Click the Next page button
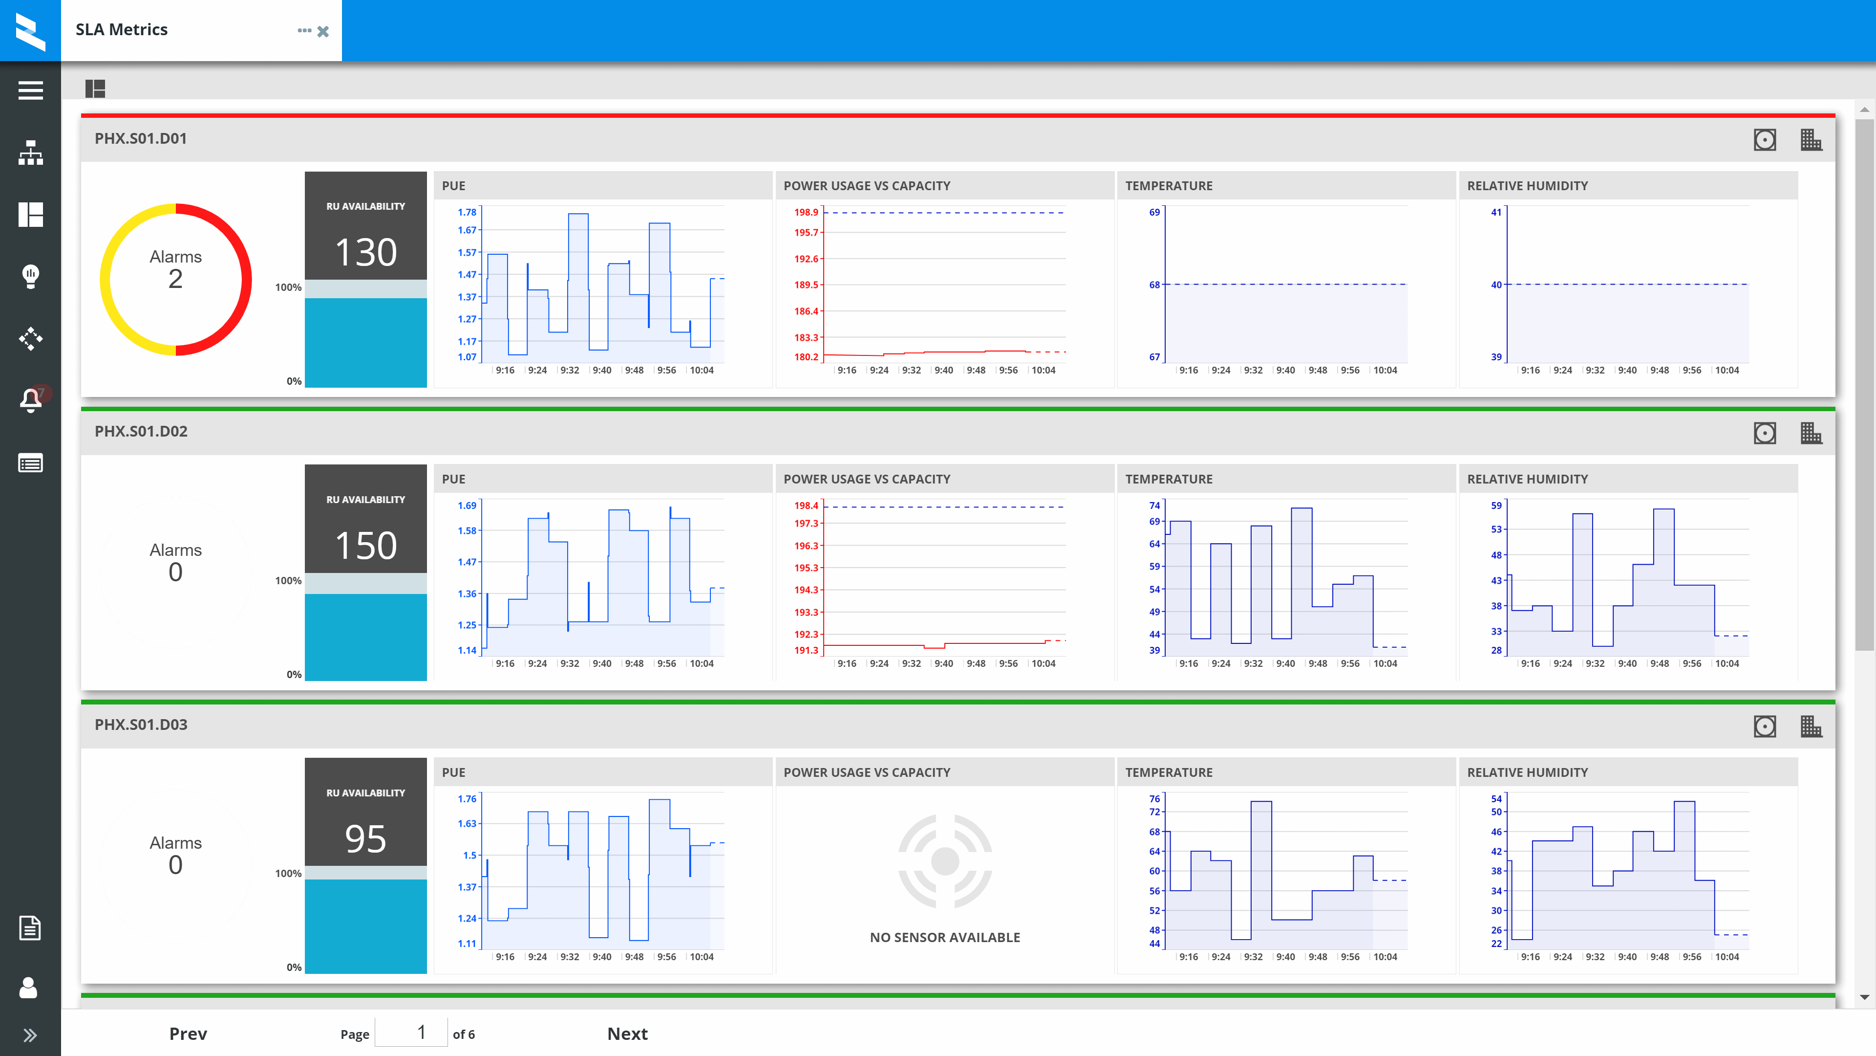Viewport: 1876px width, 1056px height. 627,1034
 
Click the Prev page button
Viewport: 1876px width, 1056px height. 188,1034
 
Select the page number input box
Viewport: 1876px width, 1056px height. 411,1032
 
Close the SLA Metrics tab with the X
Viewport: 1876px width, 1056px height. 323,31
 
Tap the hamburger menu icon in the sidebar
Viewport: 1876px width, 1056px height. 31,90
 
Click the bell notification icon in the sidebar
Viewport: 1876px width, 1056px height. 31,399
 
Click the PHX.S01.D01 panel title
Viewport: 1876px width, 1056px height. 141,138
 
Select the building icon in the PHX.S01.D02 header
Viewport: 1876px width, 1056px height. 1811,433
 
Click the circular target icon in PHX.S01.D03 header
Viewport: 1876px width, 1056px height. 1765,726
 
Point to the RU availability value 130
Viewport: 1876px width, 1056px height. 365,252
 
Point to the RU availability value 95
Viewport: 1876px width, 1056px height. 365,839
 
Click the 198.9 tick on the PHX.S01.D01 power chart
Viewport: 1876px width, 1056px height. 806,212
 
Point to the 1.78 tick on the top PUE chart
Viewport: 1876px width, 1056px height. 467,212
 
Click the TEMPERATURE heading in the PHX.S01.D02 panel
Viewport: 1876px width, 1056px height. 1169,479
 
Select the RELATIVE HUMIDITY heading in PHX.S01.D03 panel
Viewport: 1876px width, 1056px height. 1527,772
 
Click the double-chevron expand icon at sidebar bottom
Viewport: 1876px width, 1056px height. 30,1035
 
